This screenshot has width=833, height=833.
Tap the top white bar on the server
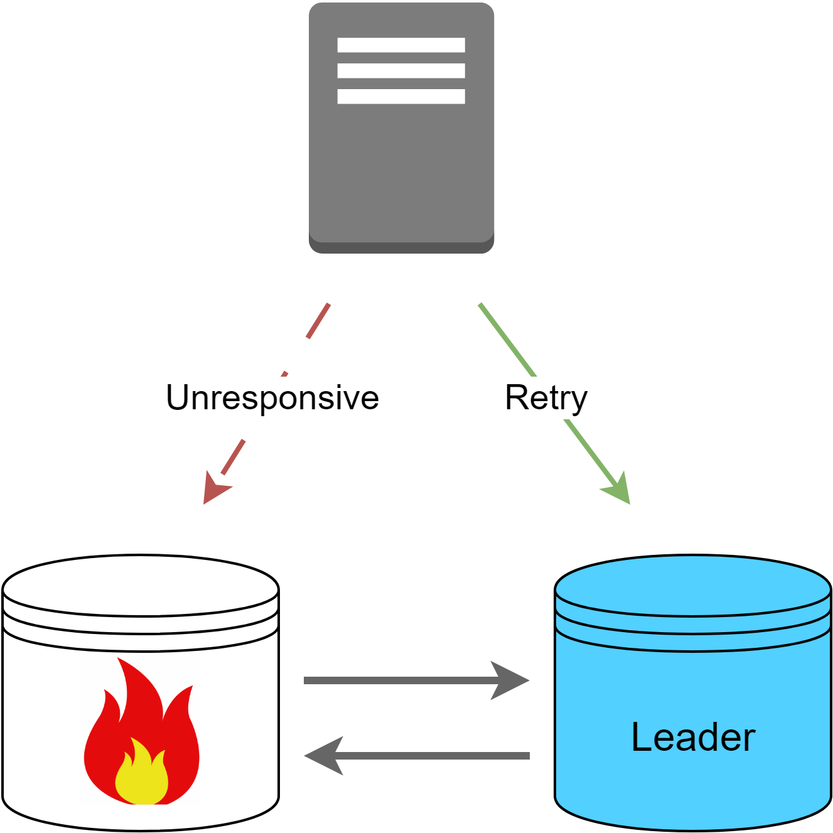point(401,45)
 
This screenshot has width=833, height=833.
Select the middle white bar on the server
point(401,70)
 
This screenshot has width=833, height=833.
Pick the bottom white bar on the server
point(401,96)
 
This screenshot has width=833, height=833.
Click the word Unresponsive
point(272,397)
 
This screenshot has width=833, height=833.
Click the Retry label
point(545,397)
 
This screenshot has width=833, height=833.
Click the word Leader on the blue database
point(692,737)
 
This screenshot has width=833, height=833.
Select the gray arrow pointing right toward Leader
point(402,680)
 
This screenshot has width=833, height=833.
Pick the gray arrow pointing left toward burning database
point(433,756)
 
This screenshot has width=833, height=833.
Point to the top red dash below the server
point(318,321)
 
